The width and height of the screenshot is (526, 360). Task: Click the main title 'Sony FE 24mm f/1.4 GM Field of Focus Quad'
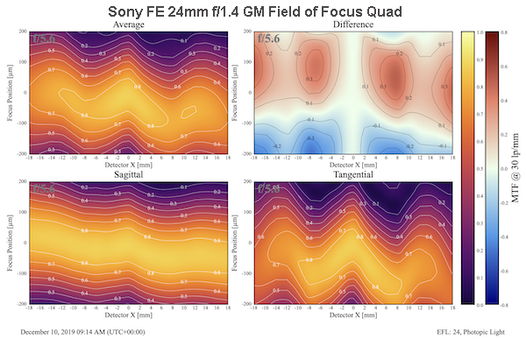[262, 12]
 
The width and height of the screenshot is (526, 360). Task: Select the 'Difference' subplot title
[352, 25]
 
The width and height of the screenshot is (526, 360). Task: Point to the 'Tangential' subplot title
[352, 176]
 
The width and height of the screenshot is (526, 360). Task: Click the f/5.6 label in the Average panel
[45, 39]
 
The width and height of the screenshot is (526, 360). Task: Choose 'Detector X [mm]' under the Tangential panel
[352, 316]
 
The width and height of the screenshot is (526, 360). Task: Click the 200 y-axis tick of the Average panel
[23, 32]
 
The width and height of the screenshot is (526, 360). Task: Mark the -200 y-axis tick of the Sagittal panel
[21, 303]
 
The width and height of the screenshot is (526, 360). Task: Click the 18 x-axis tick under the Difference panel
[451, 158]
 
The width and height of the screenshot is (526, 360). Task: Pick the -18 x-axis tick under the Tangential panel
[253, 308]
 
